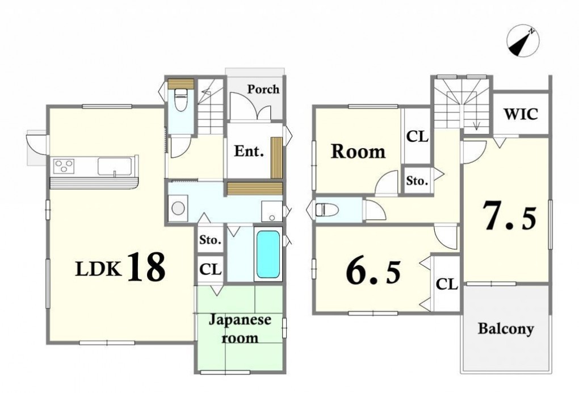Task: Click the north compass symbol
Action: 523,41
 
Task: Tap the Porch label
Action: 263,89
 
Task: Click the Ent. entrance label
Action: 249,151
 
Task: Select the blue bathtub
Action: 268,254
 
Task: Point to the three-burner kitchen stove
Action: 64,166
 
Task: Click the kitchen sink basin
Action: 115,166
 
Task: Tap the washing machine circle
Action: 178,208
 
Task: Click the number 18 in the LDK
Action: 146,267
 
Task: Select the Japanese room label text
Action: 240,329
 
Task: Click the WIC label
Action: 521,114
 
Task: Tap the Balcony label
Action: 506,328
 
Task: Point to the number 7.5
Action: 509,215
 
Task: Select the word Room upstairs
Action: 358,152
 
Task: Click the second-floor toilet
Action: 327,210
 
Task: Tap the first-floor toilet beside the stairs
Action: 181,99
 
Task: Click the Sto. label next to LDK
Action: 210,240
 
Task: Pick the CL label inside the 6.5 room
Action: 447,284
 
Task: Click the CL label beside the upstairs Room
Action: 417,136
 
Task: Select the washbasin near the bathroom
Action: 271,211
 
